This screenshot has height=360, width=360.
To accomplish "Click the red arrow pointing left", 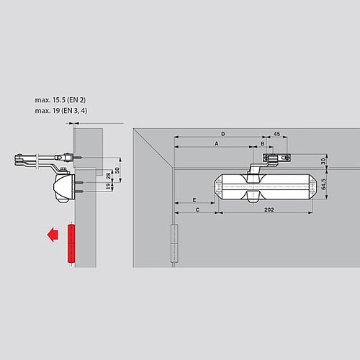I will [50, 235].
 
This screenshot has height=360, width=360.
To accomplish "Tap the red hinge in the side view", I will [71, 243].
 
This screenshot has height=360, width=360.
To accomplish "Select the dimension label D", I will [222, 134].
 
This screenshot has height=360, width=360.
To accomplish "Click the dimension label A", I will [216, 144].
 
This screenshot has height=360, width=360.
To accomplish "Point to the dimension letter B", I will [262, 144].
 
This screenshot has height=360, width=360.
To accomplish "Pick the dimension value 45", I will [276, 134].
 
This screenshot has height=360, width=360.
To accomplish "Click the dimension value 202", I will [268, 210].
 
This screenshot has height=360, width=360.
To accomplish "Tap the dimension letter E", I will [194, 199].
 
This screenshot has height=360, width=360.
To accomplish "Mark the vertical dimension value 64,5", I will [324, 185].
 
